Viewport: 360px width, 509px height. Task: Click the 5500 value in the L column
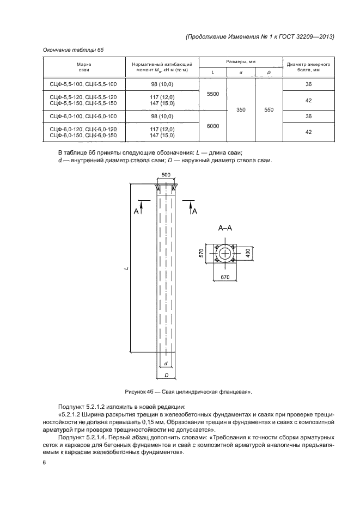[213, 94]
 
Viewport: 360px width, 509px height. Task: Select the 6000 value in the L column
[213, 126]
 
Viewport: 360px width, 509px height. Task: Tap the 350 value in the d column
[241, 110]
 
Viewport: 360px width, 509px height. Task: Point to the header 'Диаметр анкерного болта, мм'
[308, 67]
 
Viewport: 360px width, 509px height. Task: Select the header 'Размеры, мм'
[241, 62]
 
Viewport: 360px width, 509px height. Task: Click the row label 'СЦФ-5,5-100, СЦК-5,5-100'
[80, 84]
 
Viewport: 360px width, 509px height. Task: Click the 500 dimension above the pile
[166, 175]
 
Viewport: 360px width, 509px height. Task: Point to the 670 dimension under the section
[225, 277]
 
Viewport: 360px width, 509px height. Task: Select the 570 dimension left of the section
[202, 254]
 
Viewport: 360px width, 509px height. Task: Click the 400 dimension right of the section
[248, 254]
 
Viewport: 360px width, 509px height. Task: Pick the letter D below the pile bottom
[166, 375]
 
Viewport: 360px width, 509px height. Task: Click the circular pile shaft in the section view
[225, 254]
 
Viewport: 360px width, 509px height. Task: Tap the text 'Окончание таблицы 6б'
[73, 50]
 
